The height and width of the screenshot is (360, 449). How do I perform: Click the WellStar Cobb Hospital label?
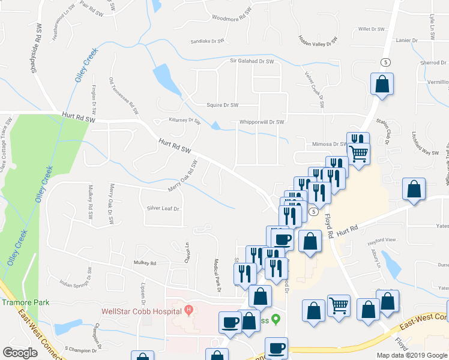pyautogui.click(x=142, y=311)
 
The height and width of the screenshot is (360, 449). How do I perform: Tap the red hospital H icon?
pyautogui.click(x=189, y=310)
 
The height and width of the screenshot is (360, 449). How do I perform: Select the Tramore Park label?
pyautogui.click(x=25, y=303)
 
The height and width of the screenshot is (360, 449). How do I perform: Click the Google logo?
pyautogui.click(x=20, y=353)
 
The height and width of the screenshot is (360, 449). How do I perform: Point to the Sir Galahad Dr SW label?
pyautogui.click(x=252, y=61)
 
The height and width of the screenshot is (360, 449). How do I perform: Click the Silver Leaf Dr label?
pyautogui.click(x=163, y=208)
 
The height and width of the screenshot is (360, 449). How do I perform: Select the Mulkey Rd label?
pyautogui.click(x=145, y=263)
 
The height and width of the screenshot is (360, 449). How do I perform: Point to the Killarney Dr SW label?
pyautogui.click(x=184, y=120)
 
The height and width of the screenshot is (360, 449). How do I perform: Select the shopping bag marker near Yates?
pyautogui.click(x=414, y=189)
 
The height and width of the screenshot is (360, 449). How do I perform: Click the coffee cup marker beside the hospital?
pyautogui.click(x=231, y=322)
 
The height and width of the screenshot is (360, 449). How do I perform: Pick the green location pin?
pyautogui.click(x=276, y=319)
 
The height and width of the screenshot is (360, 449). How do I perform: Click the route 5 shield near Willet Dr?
pyautogui.click(x=385, y=62)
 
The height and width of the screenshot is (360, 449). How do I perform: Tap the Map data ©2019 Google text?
pyautogui.click(x=411, y=355)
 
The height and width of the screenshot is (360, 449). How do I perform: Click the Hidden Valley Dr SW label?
pyautogui.click(x=318, y=40)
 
